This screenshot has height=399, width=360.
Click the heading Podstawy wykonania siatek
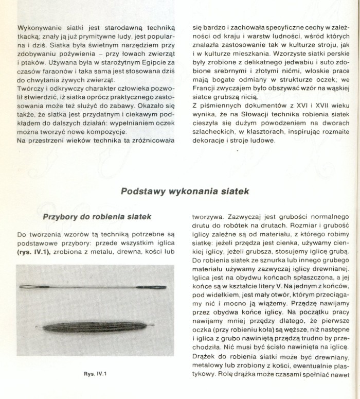(x=185, y=191)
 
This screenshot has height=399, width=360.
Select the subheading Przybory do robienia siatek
(x=96, y=217)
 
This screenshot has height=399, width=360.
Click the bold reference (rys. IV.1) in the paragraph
(x=33, y=252)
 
